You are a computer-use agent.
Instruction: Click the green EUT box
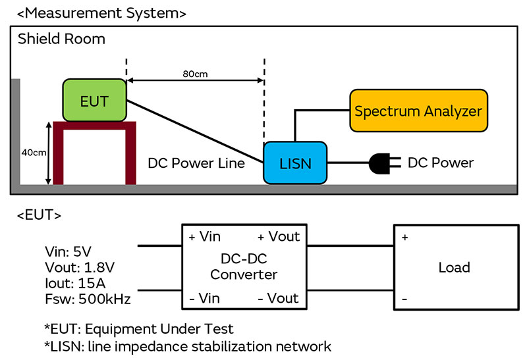point(94,100)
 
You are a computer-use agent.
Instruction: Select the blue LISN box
point(295,162)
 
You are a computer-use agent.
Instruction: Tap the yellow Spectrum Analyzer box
point(418,111)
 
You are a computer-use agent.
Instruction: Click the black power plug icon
point(381,162)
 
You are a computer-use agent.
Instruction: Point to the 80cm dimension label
point(196,74)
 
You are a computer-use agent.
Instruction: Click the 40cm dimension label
point(30,153)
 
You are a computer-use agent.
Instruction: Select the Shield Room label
point(61,39)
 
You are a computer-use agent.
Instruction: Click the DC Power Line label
point(196,163)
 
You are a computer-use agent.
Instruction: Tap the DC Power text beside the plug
point(441,162)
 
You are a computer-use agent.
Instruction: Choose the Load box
point(454,267)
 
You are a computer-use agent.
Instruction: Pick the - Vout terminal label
point(278,297)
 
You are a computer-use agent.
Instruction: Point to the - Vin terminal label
point(204,297)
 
